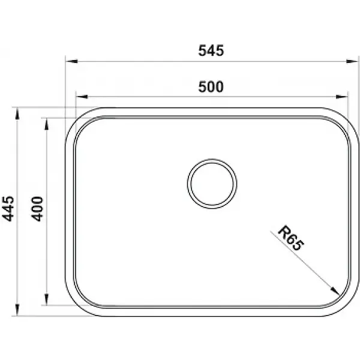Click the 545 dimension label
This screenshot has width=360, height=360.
211,51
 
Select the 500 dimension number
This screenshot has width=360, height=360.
211,87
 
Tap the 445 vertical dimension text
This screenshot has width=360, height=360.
8,209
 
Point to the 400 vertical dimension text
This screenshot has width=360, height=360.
37,209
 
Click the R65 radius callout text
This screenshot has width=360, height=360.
291,238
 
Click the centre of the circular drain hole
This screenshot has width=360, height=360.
212,184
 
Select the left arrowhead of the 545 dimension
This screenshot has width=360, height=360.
71,61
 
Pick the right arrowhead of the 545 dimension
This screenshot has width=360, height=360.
352,61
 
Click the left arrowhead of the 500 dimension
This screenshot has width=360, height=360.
82,97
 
